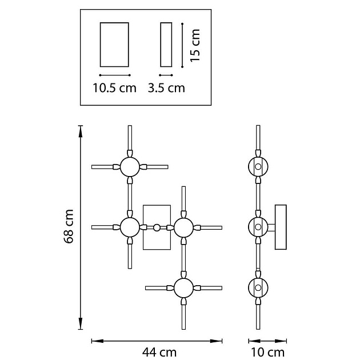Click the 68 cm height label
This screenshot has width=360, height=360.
[69, 226]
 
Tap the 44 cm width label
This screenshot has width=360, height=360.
[159, 352]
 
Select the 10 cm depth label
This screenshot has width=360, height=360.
[267, 352]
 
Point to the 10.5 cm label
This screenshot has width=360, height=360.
[114, 88]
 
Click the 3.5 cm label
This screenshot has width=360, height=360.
[166, 88]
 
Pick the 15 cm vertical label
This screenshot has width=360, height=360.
[195, 45]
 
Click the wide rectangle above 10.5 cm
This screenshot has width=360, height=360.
[114, 45]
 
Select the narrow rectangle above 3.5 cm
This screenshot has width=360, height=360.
[166, 45]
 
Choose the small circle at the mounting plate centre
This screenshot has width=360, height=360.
[157, 227]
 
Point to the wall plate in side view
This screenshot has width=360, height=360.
[281, 227]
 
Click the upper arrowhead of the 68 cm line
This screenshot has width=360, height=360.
[81, 131]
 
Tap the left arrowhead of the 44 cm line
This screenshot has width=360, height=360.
[97, 341]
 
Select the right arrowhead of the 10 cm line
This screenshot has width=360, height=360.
[281, 341]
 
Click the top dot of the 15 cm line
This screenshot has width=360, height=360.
[182, 23]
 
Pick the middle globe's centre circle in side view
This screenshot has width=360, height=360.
[258, 227]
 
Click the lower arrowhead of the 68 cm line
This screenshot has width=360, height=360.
[81, 323]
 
